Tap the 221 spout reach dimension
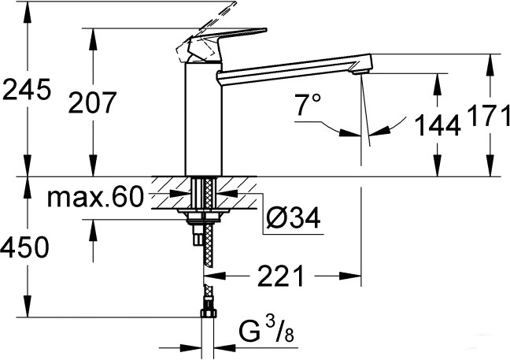pyautogui.click(x=281, y=276)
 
